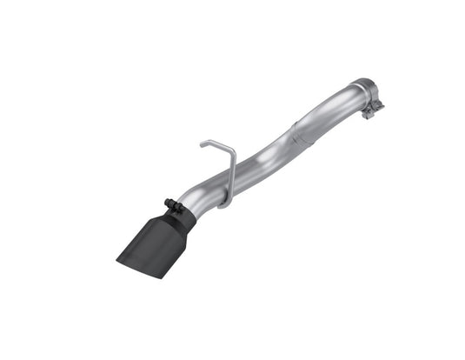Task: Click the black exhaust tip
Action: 156,240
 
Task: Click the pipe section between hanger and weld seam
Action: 265,161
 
